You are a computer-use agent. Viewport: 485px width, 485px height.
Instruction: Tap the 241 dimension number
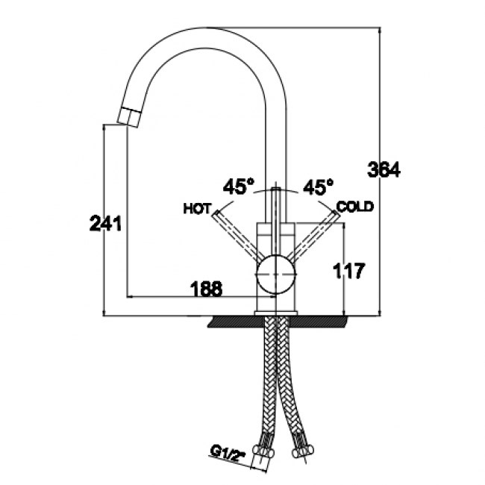105,223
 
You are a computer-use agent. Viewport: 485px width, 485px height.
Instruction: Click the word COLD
355,206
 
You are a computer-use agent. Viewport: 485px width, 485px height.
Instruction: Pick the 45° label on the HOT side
240,186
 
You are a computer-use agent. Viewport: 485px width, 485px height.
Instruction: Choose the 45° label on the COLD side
316,186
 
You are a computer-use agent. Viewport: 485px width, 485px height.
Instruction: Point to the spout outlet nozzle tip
128,117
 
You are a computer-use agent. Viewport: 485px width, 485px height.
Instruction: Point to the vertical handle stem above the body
278,205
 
